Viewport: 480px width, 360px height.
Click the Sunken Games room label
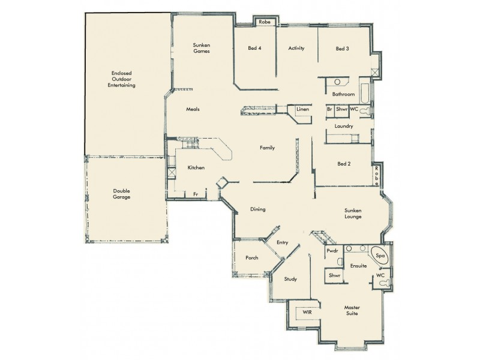click(x=201, y=48)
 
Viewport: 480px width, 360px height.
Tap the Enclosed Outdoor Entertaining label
click(x=121, y=79)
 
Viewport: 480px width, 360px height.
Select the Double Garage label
click(x=121, y=194)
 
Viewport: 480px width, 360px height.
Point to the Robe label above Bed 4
click(x=265, y=22)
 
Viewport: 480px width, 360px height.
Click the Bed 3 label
click(x=342, y=49)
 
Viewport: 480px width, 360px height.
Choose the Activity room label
click(x=297, y=49)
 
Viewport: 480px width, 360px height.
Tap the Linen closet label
click(x=302, y=110)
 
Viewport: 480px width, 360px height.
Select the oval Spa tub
click(x=379, y=256)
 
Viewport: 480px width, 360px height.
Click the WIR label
click(x=307, y=313)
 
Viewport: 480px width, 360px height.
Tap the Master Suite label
click(x=352, y=310)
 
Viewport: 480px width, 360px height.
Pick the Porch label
click(x=252, y=258)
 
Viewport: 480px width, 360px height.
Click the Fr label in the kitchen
click(x=196, y=194)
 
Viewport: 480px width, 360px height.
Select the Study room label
click(x=290, y=279)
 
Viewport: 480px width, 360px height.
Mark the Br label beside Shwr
click(x=329, y=109)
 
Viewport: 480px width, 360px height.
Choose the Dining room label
click(x=258, y=209)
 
